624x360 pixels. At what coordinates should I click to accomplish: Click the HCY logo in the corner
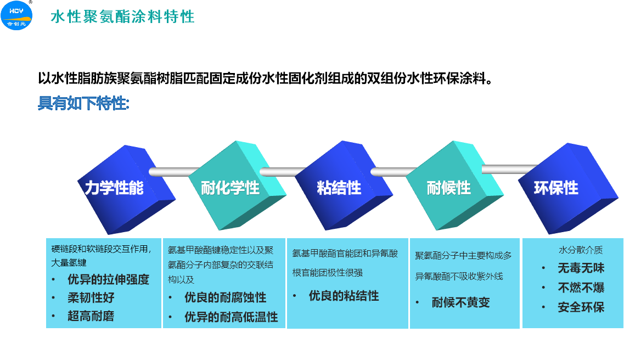coord(16,15)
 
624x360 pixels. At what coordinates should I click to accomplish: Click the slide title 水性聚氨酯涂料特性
coord(122,16)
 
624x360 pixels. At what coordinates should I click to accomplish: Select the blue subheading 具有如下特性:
coord(83,103)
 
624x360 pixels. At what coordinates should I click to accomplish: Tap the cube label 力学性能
coord(114,188)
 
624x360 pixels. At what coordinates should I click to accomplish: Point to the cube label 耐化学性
coord(230,188)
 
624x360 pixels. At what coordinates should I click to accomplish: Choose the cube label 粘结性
coord(339,188)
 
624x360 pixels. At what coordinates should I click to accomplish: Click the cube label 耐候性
coord(449,188)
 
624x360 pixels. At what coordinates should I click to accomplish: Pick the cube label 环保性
coord(556,188)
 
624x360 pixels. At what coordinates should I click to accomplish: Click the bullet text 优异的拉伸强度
coord(108,279)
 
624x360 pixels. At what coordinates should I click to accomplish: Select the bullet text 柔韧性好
coord(91,297)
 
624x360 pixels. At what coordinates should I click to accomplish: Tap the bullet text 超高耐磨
coord(91,316)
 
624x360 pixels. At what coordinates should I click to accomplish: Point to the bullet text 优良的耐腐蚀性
coord(225,297)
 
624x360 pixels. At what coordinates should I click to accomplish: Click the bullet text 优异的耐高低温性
coord(231,317)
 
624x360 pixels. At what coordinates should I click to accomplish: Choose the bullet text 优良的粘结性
coord(344,296)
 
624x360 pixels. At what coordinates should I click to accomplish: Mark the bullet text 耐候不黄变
coord(461,302)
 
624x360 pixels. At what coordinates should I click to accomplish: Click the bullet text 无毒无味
coord(581,268)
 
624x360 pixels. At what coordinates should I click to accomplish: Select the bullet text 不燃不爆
coord(581,287)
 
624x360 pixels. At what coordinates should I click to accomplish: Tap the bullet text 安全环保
coord(581,307)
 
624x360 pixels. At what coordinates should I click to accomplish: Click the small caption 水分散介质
coord(581,250)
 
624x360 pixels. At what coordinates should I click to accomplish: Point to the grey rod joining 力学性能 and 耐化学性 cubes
coord(175,171)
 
